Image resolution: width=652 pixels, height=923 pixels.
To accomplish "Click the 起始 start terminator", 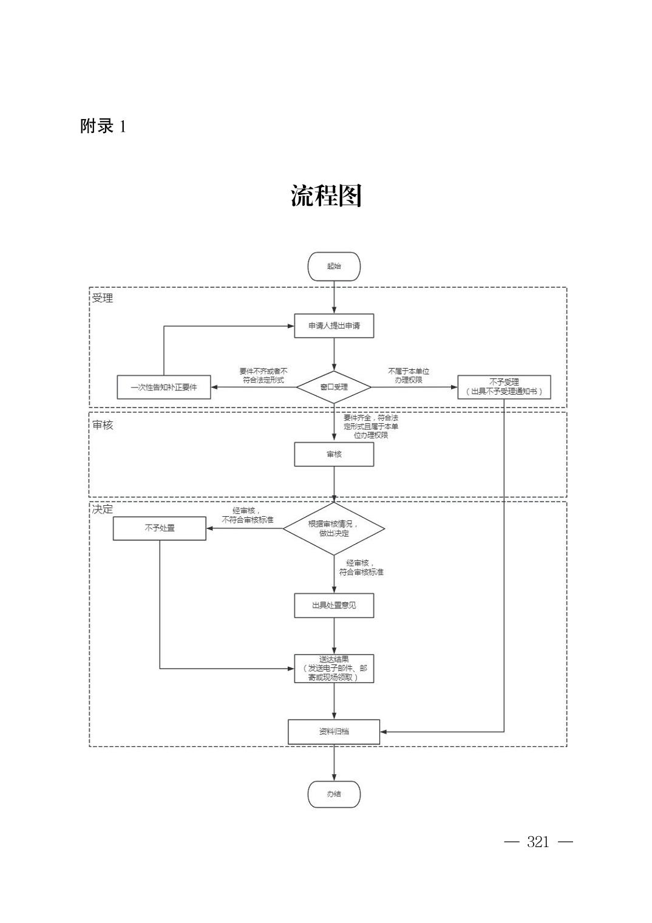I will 334,267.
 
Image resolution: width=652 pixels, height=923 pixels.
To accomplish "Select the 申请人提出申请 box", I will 334,326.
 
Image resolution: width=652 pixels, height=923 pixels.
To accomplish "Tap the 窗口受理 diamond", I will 334,387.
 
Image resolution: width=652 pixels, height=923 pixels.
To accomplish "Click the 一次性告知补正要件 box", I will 164,387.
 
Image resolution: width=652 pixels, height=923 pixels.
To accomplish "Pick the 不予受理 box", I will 504,387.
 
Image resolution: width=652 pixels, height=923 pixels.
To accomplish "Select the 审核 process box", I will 334,454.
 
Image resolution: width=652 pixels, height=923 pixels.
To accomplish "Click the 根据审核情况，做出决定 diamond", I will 334,528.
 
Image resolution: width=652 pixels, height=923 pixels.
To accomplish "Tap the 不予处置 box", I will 160,528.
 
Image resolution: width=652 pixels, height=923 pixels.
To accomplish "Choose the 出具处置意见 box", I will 334,605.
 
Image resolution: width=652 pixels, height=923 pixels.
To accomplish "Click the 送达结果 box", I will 334,669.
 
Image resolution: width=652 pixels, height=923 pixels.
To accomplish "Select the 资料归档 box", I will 334,732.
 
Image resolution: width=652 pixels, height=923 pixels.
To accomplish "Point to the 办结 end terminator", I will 334,794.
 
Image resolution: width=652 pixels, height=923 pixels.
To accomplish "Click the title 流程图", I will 326,196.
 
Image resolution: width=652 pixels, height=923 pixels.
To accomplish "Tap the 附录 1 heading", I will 103,126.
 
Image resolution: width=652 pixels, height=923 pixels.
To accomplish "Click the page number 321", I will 538,842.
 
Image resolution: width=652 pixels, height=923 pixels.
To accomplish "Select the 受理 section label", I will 103,298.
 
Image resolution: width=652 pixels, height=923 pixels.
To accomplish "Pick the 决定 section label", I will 103,509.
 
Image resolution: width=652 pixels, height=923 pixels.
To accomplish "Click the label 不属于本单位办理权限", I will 409,375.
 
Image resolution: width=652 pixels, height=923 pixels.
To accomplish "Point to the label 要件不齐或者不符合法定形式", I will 263,375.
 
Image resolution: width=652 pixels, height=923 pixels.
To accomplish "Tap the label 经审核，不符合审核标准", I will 247,516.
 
